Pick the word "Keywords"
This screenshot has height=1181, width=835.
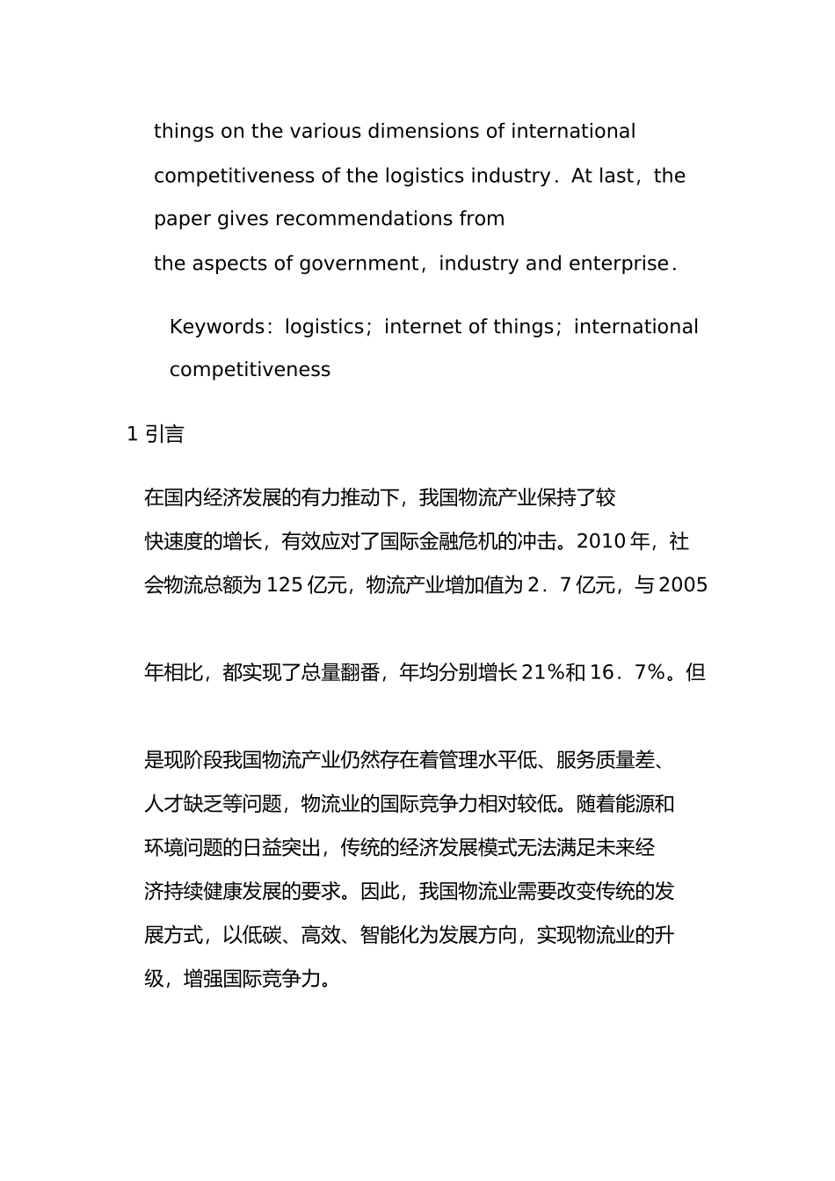pyautogui.click(x=216, y=327)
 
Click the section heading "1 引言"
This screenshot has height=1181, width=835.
pyautogui.click(x=156, y=434)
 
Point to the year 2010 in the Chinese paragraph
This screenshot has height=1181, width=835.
pyautogui.click(x=600, y=541)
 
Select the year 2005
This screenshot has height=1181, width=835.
pyautogui.click(x=683, y=585)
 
